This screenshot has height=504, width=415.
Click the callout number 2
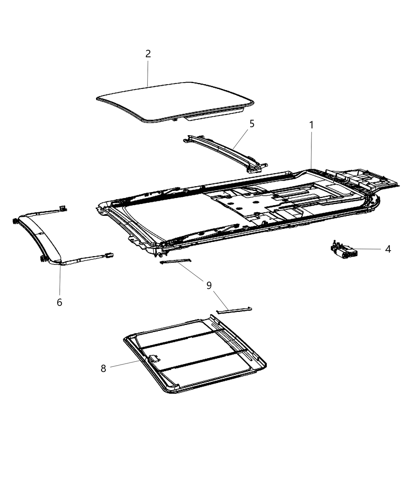pos(148,54)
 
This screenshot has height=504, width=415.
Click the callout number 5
pos(252,124)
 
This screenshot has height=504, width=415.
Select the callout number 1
pos(311,125)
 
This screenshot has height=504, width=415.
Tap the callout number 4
pos(388,249)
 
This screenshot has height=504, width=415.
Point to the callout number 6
pos(59,302)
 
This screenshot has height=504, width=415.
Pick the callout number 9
pos(209,285)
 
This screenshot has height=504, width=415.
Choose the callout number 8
pos(103,368)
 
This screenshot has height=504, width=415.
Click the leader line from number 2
pos(147,73)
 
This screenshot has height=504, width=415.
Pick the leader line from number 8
pos(124,364)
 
